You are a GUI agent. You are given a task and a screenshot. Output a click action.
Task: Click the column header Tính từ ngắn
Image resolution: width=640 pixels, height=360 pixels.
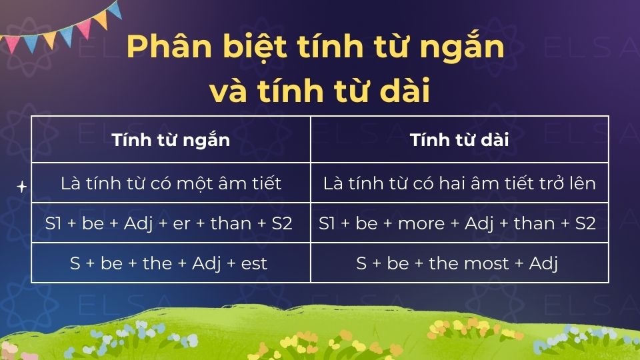pos(171,140)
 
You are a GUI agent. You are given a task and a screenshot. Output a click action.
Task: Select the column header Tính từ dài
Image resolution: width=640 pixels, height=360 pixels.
pos(459,140)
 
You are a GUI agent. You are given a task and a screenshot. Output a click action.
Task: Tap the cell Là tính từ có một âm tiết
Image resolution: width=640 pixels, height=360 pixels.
pos(171,183)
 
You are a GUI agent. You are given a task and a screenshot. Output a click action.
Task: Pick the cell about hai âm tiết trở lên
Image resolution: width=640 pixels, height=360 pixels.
pos(459,183)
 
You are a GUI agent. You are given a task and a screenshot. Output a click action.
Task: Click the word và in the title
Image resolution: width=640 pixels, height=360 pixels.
pos(227,91)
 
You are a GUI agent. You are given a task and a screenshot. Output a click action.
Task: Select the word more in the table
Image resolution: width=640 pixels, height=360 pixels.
pos(421,223)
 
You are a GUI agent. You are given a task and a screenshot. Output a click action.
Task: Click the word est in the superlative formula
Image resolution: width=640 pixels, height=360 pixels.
pos(254,263)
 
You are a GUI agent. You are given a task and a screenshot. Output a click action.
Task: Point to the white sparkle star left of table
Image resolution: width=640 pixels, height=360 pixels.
pos(21,187)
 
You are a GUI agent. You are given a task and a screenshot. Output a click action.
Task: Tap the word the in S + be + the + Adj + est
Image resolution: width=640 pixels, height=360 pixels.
pos(157,263)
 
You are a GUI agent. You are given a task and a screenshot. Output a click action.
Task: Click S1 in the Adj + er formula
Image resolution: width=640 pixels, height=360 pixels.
pos(54,223)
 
